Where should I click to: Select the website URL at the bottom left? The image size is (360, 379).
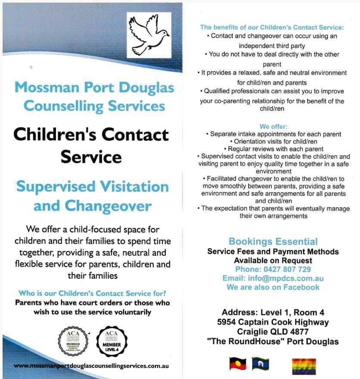point(91,366)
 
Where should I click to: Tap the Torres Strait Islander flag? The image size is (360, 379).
point(260,364)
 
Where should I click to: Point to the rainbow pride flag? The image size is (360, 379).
point(304,366)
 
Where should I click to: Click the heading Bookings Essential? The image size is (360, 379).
point(273,241)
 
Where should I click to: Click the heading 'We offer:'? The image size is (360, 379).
point(270,127)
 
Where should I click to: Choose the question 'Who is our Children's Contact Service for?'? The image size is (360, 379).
point(93,293)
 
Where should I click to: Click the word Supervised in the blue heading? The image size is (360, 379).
point(56,187)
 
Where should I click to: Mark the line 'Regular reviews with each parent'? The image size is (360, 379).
point(273,148)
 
